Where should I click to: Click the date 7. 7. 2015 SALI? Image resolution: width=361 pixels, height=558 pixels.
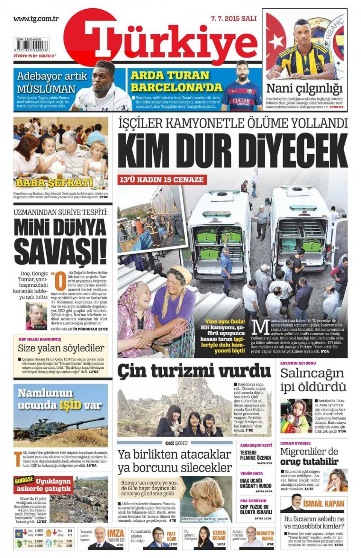pyautogui.click(x=234, y=18)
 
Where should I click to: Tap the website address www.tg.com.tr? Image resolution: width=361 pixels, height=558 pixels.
pyautogui.click(x=36, y=19)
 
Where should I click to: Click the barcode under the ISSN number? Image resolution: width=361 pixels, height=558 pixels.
pyautogui.click(x=31, y=46)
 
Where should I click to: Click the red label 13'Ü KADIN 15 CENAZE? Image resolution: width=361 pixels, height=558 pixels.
pyautogui.click(x=162, y=180)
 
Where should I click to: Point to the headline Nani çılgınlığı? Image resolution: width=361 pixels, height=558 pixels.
pyautogui.click(x=304, y=89)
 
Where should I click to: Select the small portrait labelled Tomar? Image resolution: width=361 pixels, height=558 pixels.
pyautogui.click(x=36, y=315)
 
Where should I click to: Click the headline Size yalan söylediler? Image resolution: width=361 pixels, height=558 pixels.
pyautogui.click(x=61, y=348)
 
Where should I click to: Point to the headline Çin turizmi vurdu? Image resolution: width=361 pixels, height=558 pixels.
pyautogui.click(x=194, y=371)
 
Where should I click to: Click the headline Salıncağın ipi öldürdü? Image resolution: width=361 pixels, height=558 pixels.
pyautogui.click(x=313, y=380)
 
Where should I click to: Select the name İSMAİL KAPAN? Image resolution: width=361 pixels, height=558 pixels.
pyautogui.click(x=323, y=503)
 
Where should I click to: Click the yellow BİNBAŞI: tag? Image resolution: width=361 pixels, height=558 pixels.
pyautogui.click(x=24, y=480)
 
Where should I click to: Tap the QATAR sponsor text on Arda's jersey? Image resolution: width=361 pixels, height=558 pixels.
pyautogui.click(x=241, y=101)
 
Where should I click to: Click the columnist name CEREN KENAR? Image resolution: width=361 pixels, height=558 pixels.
pyautogui.click(x=219, y=535)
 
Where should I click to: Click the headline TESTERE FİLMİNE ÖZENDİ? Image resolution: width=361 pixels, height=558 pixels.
pyautogui.click(x=255, y=455)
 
